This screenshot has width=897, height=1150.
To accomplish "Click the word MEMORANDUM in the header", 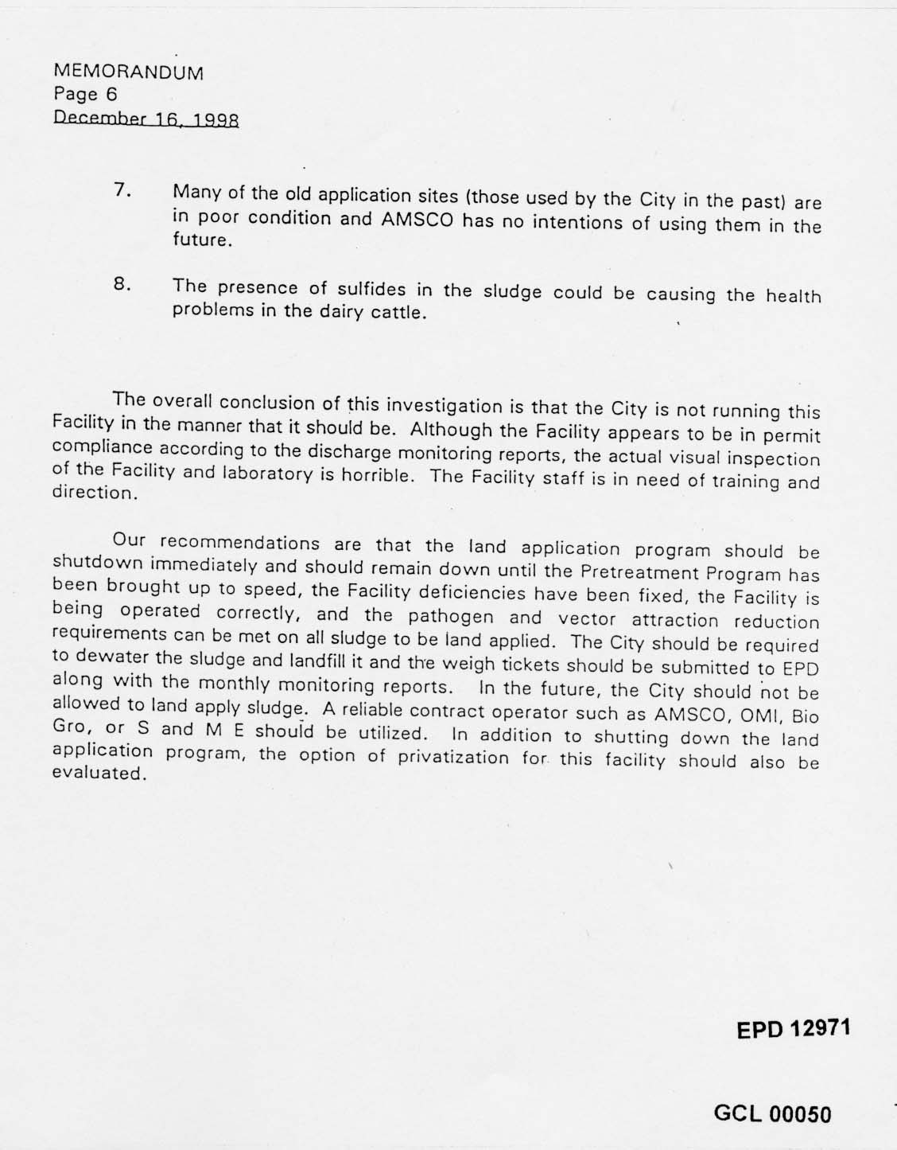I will point(129,72).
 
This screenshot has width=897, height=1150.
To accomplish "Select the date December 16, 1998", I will point(146,119).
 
